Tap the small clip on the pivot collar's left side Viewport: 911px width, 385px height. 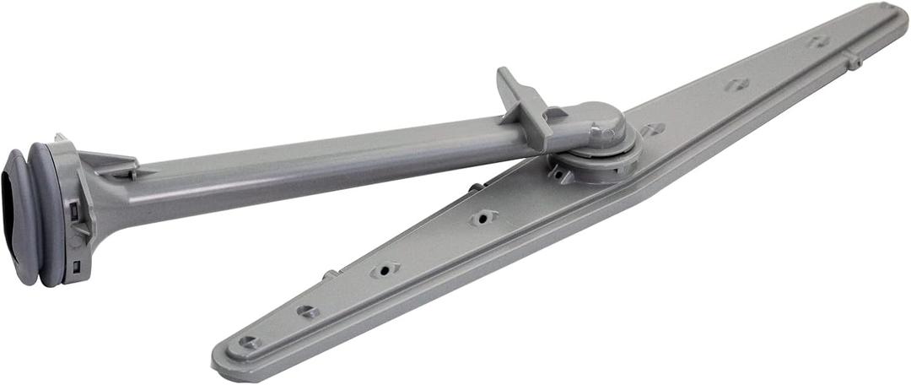click(x=557, y=172)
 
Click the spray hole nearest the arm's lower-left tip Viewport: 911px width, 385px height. click(x=248, y=342)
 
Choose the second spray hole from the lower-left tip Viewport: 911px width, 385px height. click(x=308, y=312)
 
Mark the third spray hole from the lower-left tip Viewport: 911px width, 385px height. click(x=385, y=271)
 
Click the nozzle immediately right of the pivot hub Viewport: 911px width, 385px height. click(x=652, y=130)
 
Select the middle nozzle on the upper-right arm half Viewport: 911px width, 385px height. click(x=736, y=84)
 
